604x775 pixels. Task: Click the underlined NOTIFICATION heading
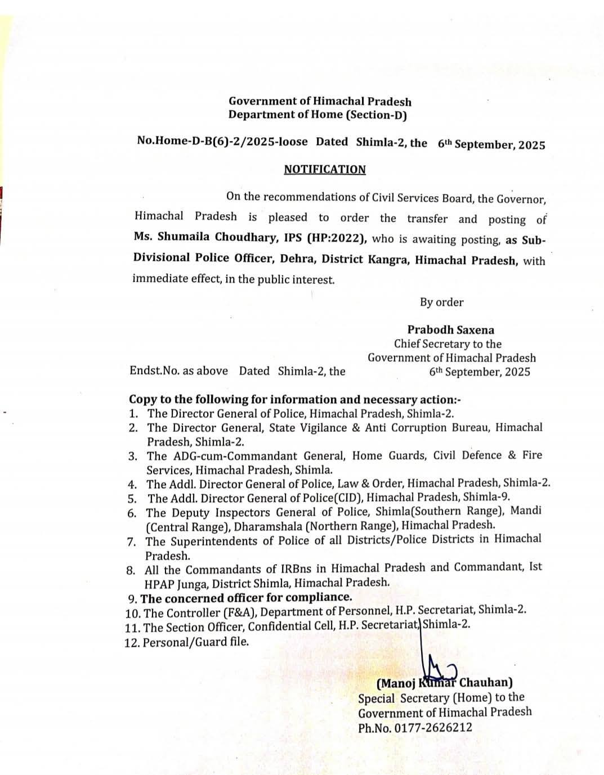[x=325, y=170]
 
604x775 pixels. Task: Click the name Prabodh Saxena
[x=451, y=330]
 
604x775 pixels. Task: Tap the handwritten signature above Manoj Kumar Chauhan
[x=439, y=664]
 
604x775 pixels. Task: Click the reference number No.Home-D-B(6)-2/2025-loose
[x=222, y=141]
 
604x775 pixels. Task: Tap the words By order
[x=442, y=302]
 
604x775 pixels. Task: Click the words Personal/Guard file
[x=195, y=642]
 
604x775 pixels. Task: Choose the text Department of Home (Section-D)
[x=317, y=115]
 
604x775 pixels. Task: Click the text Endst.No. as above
[x=179, y=371]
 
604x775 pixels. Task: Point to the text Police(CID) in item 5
[x=333, y=498]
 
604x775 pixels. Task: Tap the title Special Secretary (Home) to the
[x=441, y=698]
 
